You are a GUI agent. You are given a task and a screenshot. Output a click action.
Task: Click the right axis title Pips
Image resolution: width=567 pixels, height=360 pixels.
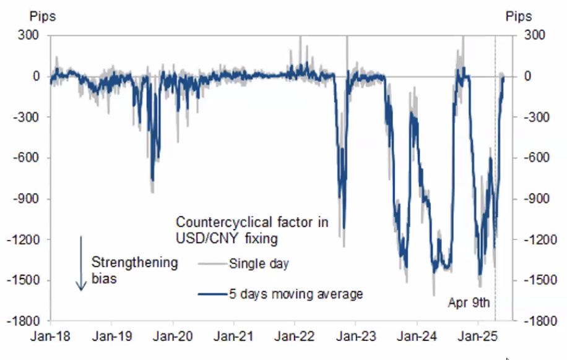click(x=519, y=16)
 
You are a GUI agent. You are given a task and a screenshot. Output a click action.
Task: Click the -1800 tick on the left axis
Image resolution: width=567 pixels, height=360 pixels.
click(x=25, y=321)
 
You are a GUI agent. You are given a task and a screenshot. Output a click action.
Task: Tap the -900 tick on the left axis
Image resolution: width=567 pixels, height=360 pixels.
click(x=28, y=199)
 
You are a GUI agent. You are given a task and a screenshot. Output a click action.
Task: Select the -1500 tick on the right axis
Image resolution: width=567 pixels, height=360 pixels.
click(x=537, y=280)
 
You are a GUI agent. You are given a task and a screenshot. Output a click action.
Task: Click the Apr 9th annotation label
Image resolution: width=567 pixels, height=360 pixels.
click(x=469, y=303)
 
